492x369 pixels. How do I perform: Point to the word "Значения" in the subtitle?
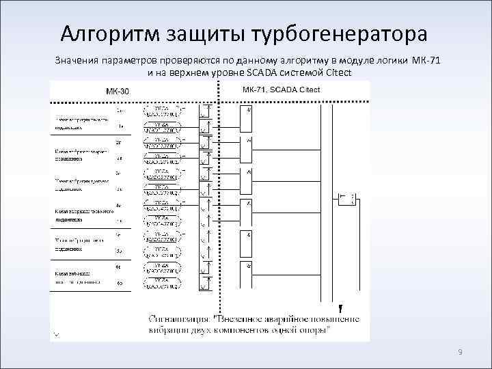(77, 61)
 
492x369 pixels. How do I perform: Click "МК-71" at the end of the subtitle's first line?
(426, 61)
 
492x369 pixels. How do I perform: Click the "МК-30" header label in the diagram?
(117, 91)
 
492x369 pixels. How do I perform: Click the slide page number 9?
(460, 352)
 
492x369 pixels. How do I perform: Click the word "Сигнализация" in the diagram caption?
(180, 319)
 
